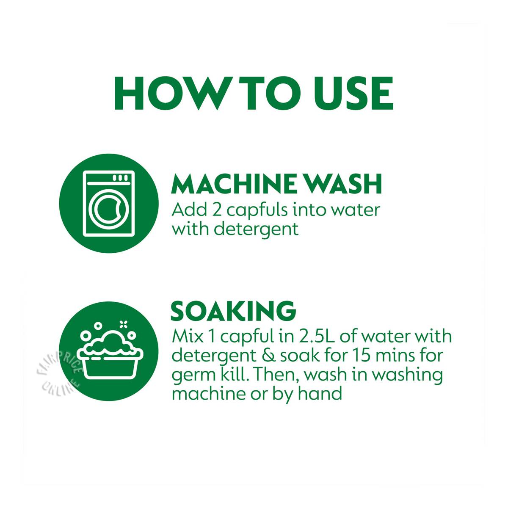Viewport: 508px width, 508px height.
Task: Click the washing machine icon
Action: pyautogui.click(x=109, y=204)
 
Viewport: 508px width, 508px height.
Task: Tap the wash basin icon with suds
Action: pyautogui.click(x=110, y=351)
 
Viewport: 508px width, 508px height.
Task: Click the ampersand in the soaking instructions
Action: pyautogui.click(x=267, y=356)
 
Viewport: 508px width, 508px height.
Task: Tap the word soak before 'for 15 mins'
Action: pyautogui.click(x=299, y=356)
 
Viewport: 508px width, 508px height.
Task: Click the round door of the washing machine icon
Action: pyautogui.click(x=108, y=209)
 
